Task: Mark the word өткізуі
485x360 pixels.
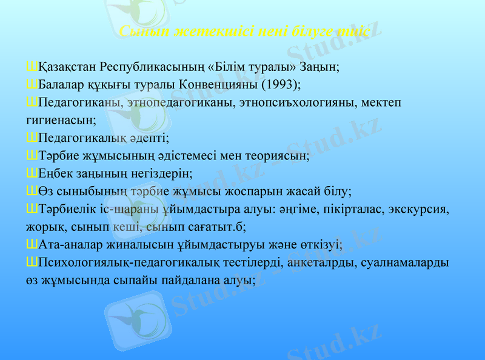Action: (x=321, y=245)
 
